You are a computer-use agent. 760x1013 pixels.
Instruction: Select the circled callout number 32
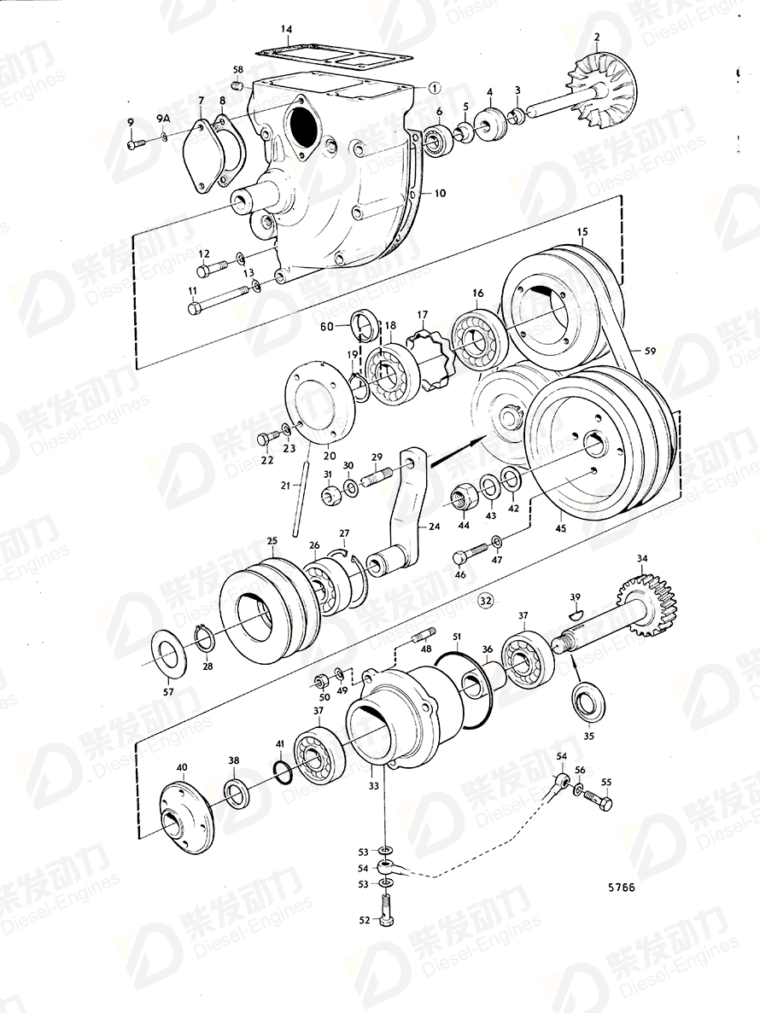point(485,602)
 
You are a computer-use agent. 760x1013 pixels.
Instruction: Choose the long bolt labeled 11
point(219,298)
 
